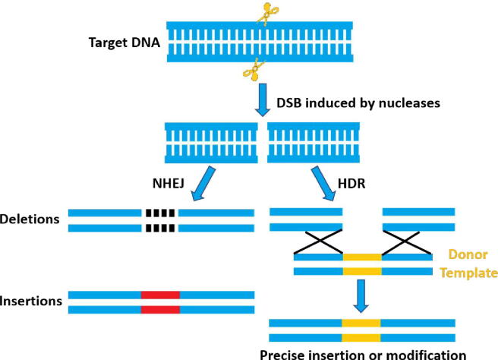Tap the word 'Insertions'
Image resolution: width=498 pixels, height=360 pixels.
31,301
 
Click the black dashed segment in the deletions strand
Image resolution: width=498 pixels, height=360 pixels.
159,219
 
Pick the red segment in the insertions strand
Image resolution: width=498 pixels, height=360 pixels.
159,301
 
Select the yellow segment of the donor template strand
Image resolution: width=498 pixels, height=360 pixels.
362,264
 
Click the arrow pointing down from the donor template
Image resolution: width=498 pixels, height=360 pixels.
362,297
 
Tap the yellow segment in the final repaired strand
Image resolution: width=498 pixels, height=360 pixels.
362,330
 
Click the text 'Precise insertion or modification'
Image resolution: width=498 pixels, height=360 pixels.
362,352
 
